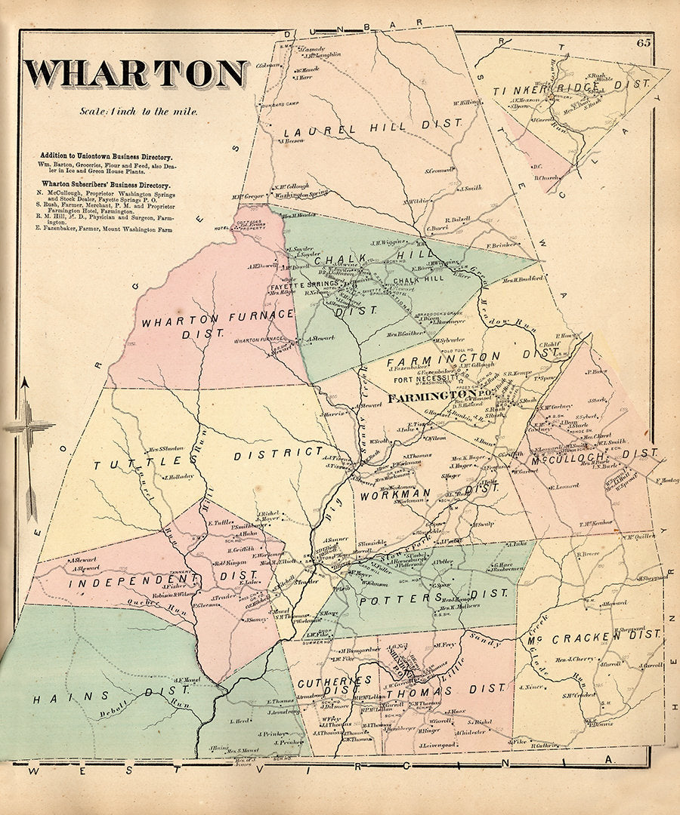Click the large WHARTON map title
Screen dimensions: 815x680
[136, 73]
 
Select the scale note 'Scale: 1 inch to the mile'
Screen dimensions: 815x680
[139, 111]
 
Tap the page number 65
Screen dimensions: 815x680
[643, 42]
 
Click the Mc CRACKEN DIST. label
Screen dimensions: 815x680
[592, 638]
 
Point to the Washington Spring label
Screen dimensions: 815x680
[301, 194]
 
